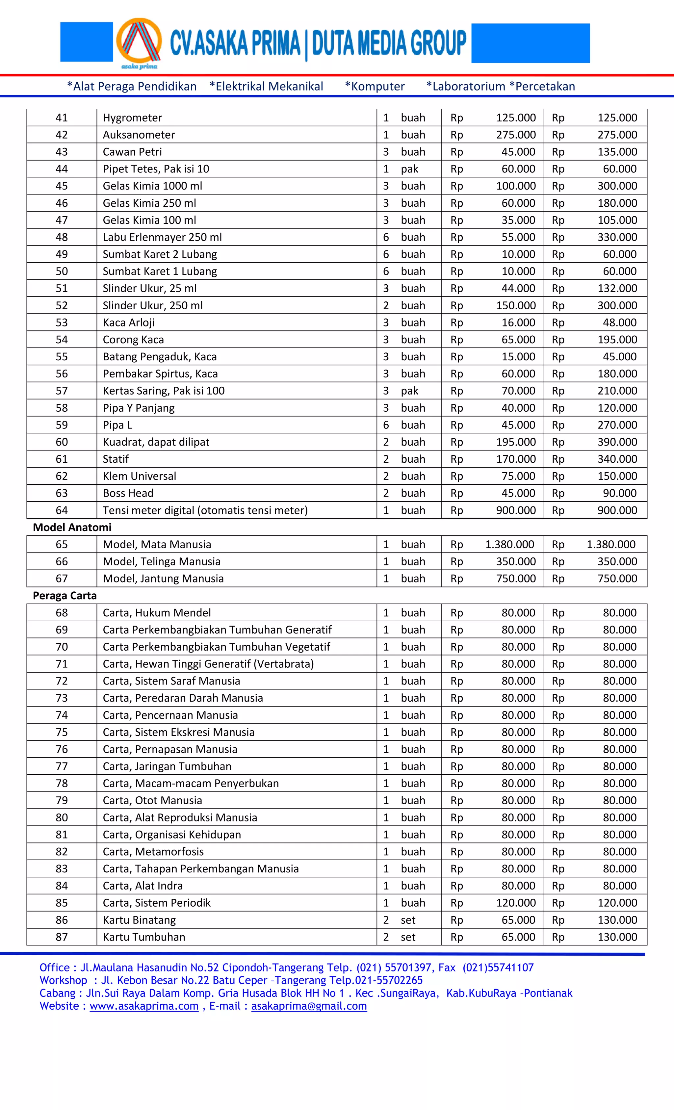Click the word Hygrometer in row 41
[132, 117]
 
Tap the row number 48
[62, 237]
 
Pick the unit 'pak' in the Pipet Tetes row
[409, 169]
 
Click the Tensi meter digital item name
[205, 510]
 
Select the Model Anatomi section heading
[72, 527]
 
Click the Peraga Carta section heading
[65, 596]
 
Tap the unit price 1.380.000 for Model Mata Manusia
[509, 544]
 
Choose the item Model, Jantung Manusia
[163, 579]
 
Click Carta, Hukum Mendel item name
[156, 613]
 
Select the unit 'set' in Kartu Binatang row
[408, 920]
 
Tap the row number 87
[62, 937]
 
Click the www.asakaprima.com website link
[144, 1006]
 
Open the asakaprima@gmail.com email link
[309, 1006]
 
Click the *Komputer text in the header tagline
[375, 87]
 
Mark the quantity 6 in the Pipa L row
[386, 425]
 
